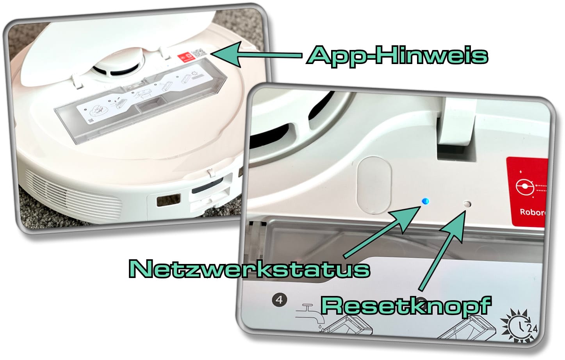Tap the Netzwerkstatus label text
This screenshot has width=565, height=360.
(249, 269)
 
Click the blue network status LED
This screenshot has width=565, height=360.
(426, 201)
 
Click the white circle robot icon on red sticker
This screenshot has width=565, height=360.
(524, 187)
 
